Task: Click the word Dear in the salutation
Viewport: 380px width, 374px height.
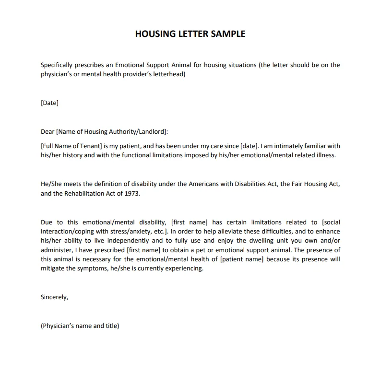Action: click(48, 132)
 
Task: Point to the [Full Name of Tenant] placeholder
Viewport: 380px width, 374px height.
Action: click(71, 146)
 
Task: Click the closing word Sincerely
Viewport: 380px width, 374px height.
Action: click(55, 297)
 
